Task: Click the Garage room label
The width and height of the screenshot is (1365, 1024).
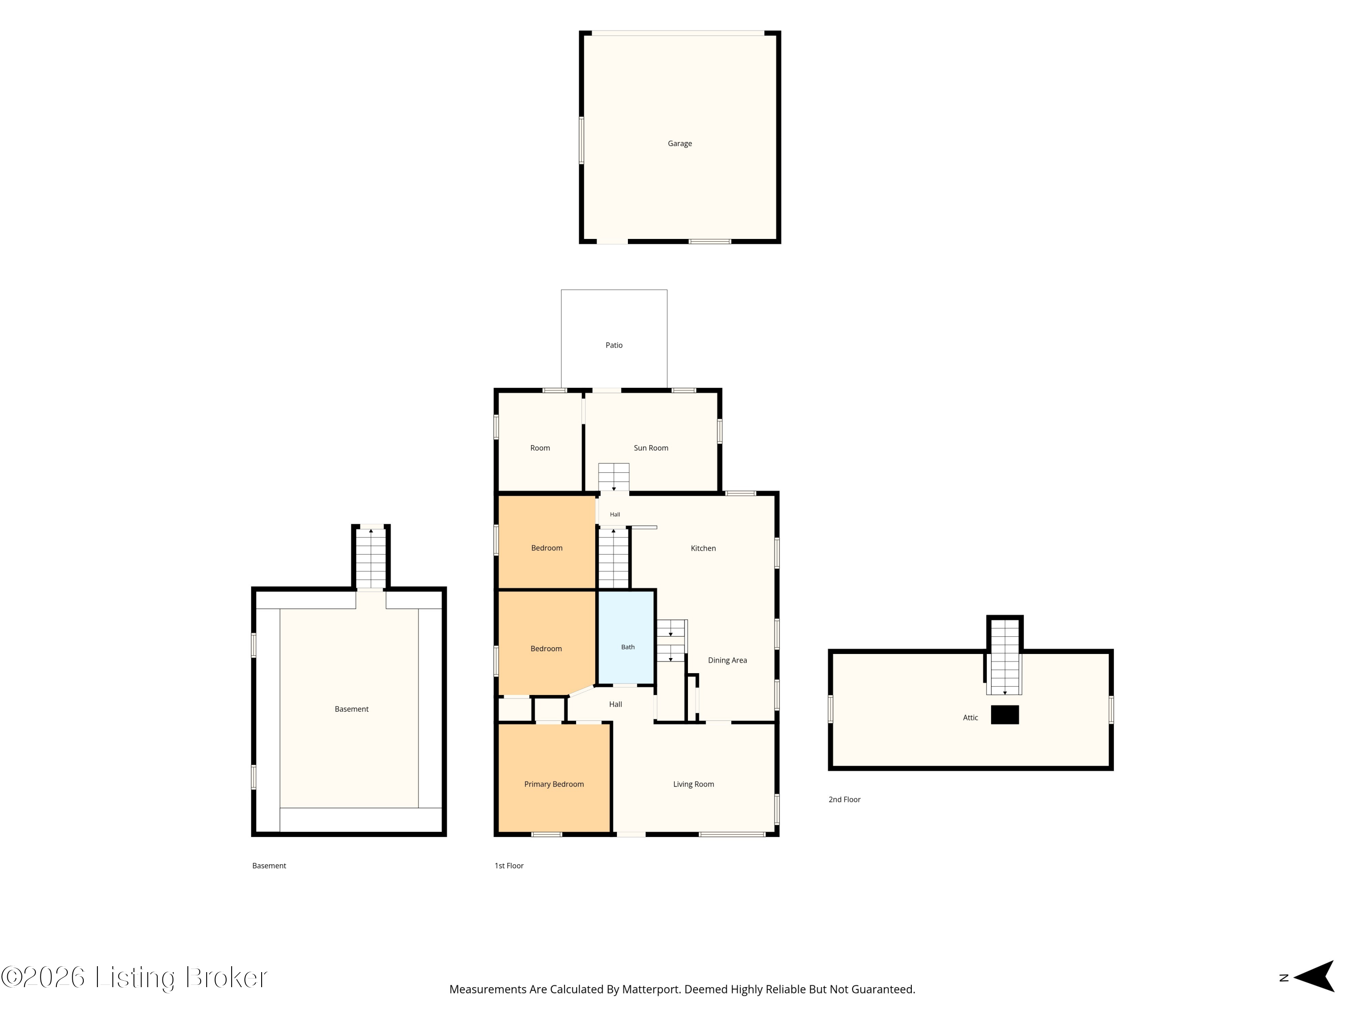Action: coord(679,144)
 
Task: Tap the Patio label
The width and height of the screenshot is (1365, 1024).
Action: coord(613,345)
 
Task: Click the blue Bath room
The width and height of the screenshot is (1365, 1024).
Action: coord(627,637)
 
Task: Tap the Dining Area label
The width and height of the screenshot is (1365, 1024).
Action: coord(727,660)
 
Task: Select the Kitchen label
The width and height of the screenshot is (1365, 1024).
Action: coord(703,548)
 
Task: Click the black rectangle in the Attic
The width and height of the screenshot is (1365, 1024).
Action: coord(1005,715)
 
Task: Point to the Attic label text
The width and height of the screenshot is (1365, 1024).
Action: coord(970,718)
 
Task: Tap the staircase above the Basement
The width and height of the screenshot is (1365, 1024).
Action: coord(371,558)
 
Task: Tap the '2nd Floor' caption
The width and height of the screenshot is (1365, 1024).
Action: coord(844,799)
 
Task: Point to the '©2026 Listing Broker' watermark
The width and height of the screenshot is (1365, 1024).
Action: coord(134,978)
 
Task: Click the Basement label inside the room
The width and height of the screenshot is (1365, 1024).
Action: coord(351,709)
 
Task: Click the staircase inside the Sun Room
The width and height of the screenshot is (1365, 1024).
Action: coord(613,477)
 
